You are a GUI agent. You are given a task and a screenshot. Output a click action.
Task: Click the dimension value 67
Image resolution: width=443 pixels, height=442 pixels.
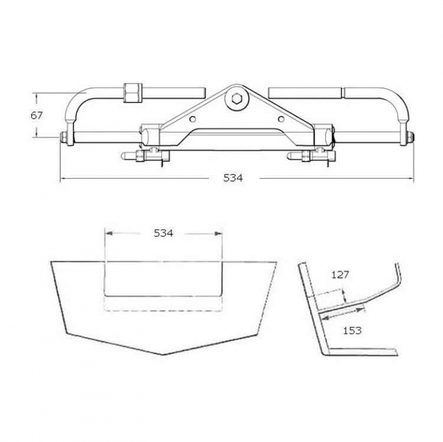[x=36, y=116]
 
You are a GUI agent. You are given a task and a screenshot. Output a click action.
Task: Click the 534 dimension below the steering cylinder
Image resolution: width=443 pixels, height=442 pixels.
[x=233, y=178]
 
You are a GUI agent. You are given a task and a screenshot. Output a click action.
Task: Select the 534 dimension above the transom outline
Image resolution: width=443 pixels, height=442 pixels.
[x=163, y=233]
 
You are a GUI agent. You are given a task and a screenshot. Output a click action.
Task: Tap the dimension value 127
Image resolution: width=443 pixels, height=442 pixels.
[x=340, y=274]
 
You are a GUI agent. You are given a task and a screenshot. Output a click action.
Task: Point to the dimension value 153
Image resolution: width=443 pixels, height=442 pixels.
[x=353, y=330]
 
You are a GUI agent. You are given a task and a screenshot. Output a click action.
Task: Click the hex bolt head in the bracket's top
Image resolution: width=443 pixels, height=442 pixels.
[x=236, y=98]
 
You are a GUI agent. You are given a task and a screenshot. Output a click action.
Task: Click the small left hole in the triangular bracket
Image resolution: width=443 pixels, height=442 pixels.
[x=193, y=119]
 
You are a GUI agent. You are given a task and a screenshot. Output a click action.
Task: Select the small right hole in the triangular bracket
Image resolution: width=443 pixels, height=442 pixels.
[x=281, y=119]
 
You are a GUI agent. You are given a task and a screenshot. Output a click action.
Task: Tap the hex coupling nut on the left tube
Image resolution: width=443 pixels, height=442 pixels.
[x=132, y=93]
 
